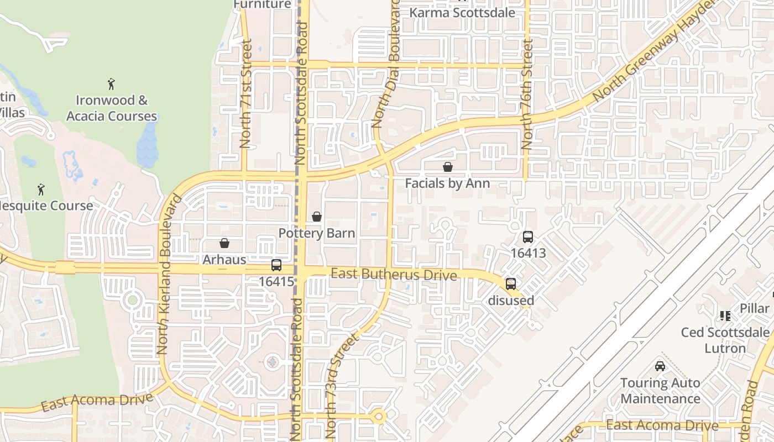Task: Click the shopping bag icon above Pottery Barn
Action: pos(317,217)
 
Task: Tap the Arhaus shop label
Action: pos(224,259)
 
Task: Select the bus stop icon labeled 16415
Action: pos(276,265)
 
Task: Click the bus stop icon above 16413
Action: pos(528,237)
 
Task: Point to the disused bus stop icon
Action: pos(511,284)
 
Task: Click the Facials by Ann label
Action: pos(447,183)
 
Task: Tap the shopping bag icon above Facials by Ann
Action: pos(448,166)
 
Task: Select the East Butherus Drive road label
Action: pos(394,275)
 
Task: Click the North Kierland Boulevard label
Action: pos(169,273)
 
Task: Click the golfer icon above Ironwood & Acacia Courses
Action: pos(111,84)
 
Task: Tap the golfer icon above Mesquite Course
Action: pos(41,190)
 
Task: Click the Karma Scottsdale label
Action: pos(462,12)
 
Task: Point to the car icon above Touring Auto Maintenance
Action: pos(660,366)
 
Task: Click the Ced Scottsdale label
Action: pos(725,332)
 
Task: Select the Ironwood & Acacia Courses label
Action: pos(112,108)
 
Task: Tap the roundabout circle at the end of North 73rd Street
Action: pos(379,417)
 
